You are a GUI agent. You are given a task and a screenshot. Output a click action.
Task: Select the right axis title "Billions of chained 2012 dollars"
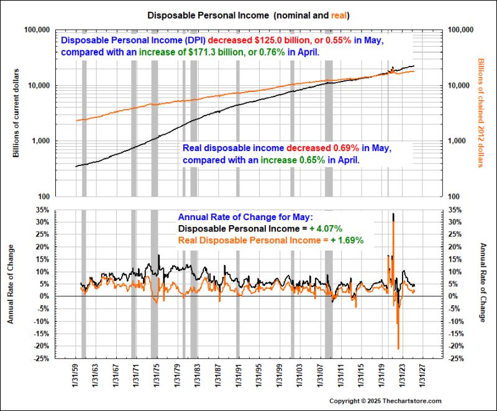click(x=480, y=113)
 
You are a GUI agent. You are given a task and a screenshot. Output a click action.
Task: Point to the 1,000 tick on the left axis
click(x=40, y=141)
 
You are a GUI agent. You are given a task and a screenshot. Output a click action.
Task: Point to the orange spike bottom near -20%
click(x=398, y=348)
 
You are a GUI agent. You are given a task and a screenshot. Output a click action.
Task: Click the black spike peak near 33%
click(x=393, y=215)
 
